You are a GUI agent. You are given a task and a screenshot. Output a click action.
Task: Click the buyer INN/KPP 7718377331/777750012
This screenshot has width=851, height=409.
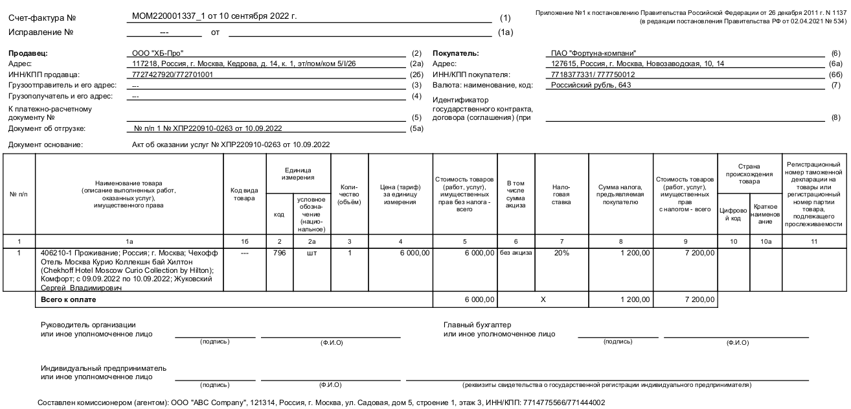pos(589,74)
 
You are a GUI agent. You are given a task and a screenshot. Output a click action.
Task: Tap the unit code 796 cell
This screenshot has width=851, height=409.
pos(279,253)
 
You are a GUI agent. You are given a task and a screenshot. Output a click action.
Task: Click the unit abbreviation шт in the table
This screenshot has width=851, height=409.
pos(311,253)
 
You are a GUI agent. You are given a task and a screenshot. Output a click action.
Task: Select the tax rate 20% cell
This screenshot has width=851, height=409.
pos(562,253)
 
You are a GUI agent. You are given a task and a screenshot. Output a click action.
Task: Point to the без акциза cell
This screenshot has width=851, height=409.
pos(516,253)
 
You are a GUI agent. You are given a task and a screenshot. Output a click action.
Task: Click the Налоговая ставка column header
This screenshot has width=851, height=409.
pos(562,194)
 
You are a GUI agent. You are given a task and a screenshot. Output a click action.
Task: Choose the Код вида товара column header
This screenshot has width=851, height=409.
pos(244,194)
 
